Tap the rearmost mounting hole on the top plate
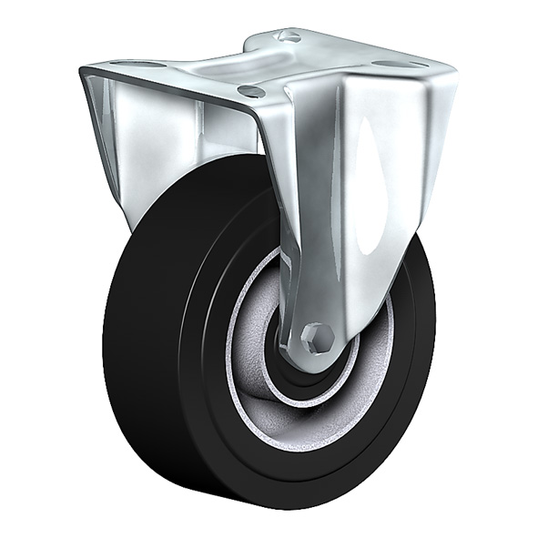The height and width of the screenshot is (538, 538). [289, 36]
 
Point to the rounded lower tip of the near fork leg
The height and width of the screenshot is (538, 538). [319, 360]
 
